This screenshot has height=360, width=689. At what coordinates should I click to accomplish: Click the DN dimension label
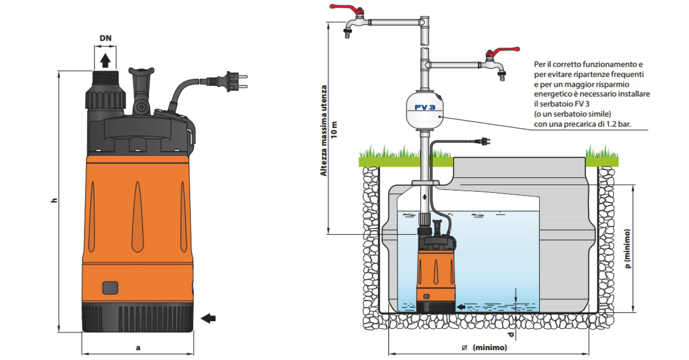pyautogui.click(x=106, y=38)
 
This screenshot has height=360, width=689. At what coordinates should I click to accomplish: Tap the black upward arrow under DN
pyautogui.click(x=105, y=59)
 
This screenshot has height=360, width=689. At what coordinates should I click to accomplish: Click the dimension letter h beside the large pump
pyautogui.click(x=54, y=201)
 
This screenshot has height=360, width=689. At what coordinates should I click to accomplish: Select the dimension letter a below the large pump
pyautogui.click(x=138, y=347)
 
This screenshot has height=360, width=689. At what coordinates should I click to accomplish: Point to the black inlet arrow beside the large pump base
pyautogui.click(x=208, y=318)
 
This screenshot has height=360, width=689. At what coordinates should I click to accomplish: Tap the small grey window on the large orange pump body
pyautogui.click(x=110, y=287)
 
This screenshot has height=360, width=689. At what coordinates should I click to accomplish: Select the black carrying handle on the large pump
pyautogui.click(x=141, y=87)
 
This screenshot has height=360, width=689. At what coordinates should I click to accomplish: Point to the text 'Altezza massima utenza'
pyautogui.click(x=324, y=131)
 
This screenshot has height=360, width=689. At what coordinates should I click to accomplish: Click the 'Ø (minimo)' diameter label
pyautogui.click(x=484, y=347)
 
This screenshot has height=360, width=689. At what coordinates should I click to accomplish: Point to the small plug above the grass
pyautogui.click(x=483, y=141)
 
